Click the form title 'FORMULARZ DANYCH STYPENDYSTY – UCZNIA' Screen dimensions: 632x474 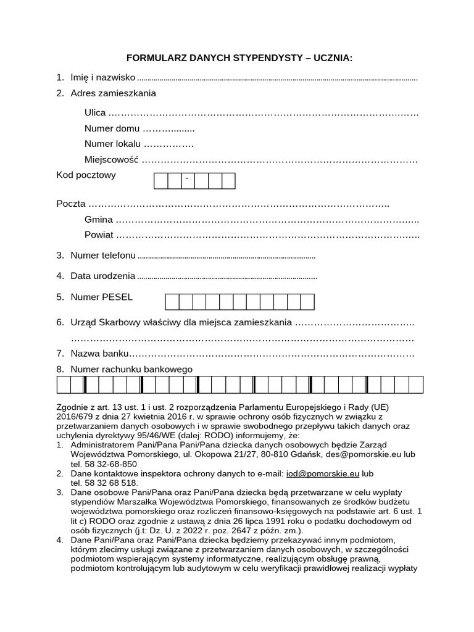coord(239,58)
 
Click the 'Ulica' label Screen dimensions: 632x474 coord(95,113)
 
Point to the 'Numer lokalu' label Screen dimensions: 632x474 coord(113,144)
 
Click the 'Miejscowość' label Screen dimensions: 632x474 coord(111,160)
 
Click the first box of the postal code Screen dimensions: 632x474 coord(160,181)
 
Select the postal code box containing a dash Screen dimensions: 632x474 coord(187,181)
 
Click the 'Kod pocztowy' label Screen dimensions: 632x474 coord(86,175)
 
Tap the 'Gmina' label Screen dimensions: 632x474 coord(99,219)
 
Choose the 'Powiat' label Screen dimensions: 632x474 coord(99,235)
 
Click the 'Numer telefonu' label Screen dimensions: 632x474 coord(103,255)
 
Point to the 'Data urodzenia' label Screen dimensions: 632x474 coord(102,276)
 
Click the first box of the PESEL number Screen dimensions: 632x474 coord(172,301)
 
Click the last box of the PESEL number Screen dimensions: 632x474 coord(307,301)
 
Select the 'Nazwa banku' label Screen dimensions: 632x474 coord(100,354)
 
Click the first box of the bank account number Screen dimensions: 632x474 coord(64,385)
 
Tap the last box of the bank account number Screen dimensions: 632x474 coord(416,385)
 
